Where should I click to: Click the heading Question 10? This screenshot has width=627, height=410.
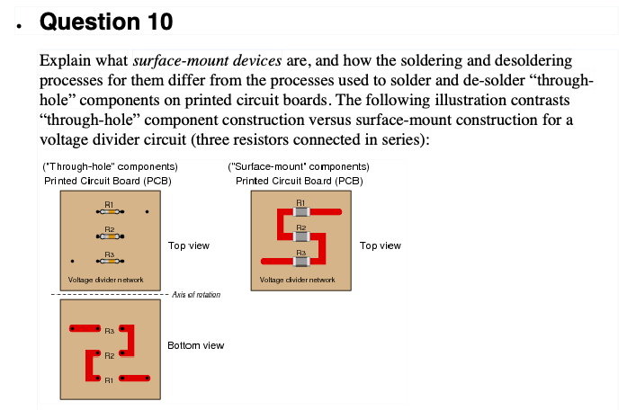[x=107, y=21]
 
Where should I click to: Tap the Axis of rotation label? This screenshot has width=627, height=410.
[x=196, y=295]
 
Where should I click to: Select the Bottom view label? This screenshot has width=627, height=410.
[x=195, y=345]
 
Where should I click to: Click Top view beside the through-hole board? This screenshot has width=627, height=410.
[x=189, y=245]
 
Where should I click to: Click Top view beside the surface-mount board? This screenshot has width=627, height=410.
[x=380, y=245]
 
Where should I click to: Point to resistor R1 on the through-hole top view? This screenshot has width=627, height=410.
[x=108, y=212]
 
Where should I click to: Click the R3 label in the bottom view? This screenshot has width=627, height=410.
[x=109, y=331]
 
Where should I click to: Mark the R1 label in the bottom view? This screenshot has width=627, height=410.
[x=109, y=380]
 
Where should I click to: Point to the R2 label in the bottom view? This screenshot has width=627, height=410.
[x=109, y=356]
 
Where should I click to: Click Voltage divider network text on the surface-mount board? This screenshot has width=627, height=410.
[x=297, y=281]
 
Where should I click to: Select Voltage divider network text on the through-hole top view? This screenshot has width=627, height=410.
[x=105, y=281]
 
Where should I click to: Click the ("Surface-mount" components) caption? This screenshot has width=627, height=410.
[x=299, y=166]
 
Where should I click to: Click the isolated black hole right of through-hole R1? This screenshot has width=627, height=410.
[x=148, y=213]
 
